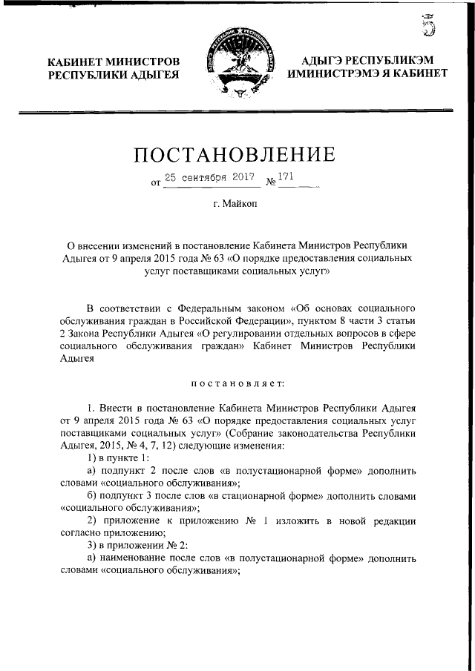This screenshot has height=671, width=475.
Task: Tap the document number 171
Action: pos(287,178)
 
